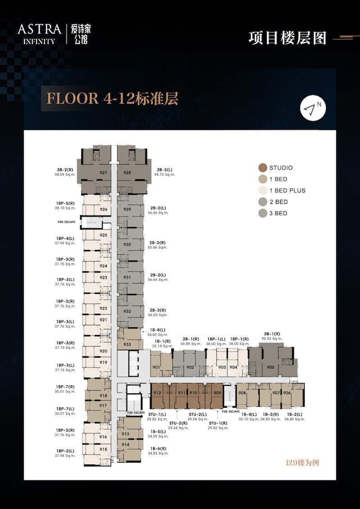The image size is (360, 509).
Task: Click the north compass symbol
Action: (x=313, y=108)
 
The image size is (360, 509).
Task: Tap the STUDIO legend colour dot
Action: (x=263, y=168)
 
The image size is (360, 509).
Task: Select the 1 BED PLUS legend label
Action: (x=287, y=190)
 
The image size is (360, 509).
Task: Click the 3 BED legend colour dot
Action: (x=263, y=213)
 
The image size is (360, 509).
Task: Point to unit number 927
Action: (x=103, y=173)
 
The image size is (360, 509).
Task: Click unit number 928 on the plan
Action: (x=127, y=173)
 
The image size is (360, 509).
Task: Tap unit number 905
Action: (x=271, y=367)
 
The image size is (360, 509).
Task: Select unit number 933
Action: (x=127, y=344)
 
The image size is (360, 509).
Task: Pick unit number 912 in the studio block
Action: (x=157, y=393)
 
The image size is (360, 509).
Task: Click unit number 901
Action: (x=156, y=367)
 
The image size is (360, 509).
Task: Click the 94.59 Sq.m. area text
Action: (x=65, y=174)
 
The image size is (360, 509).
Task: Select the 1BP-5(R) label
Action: (x=65, y=203)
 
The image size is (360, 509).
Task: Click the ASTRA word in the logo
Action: (x=40, y=29)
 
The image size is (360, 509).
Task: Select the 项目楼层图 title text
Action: (x=288, y=38)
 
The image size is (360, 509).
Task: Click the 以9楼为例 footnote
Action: (x=302, y=463)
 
